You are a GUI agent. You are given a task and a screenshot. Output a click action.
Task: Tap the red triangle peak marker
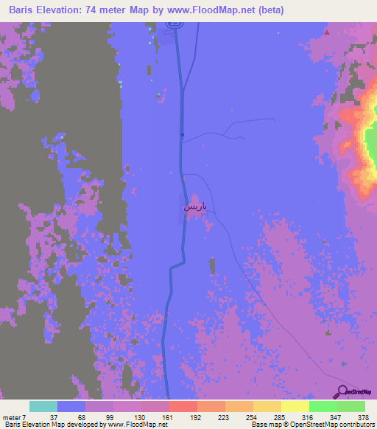pyautogui.click(x=326, y=32)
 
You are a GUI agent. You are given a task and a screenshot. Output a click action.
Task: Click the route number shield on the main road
pyautogui.click(x=172, y=23)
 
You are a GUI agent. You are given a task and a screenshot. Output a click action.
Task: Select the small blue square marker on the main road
pyautogui.click(x=183, y=134)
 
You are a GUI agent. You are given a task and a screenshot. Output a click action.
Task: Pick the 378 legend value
pyautogui.click(x=363, y=417)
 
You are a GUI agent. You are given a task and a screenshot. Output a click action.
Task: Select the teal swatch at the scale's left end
pyautogui.click(x=43, y=406)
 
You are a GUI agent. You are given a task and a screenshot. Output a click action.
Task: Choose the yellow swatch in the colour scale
pyautogui.click(x=295, y=406)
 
